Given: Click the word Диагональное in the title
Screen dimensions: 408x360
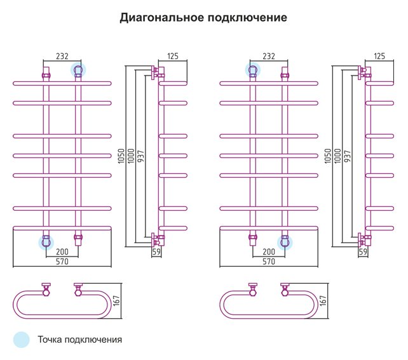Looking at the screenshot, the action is click(x=161, y=18).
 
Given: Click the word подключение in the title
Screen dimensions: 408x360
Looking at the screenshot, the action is click(x=247, y=18).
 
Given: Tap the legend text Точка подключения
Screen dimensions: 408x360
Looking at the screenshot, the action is click(x=80, y=340).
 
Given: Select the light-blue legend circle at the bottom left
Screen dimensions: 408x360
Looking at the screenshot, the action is click(x=22, y=340).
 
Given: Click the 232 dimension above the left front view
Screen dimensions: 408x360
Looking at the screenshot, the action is click(x=62, y=56).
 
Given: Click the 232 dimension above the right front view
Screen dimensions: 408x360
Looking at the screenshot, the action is click(x=269, y=56).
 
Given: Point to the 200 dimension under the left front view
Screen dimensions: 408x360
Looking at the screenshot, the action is click(x=62, y=251).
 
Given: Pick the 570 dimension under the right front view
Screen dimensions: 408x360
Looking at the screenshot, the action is click(x=269, y=262).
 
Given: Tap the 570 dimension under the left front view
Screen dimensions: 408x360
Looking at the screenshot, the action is click(x=62, y=262).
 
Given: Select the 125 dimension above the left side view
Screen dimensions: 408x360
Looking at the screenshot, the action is click(x=173, y=56).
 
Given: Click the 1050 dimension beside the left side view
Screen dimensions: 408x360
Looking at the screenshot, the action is click(x=121, y=156).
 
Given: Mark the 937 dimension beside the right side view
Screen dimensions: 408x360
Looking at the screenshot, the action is click(x=347, y=156).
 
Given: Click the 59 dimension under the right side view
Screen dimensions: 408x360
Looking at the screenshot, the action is click(x=363, y=251).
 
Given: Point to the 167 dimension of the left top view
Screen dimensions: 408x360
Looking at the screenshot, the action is click(x=116, y=300).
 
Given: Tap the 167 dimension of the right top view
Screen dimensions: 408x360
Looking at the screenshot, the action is click(x=323, y=300).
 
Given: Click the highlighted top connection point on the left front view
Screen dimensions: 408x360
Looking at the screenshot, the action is click(x=78, y=70).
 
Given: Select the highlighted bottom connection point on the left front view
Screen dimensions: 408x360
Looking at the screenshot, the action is click(x=46, y=243).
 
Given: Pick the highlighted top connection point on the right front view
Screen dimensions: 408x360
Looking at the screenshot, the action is click(x=253, y=70).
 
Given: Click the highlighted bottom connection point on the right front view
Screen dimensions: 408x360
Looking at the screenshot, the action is click(x=285, y=243).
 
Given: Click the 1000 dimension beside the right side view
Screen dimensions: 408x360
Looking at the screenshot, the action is click(x=337, y=156).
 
